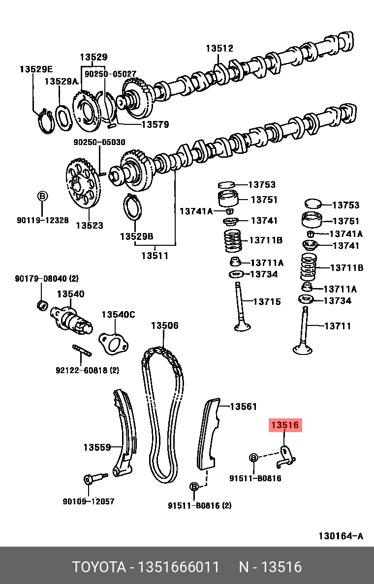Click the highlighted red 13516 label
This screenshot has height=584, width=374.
click(x=284, y=425)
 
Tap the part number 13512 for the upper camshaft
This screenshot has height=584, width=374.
click(x=219, y=48)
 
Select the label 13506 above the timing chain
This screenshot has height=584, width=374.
click(x=164, y=325)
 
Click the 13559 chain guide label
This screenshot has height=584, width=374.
click(x=96, y=447)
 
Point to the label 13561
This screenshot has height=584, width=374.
click(x=244, y=407)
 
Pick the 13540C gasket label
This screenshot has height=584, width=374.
click(x=118, y=315)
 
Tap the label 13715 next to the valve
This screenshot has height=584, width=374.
click(x=267, y=301)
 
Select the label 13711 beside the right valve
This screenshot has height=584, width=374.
click(x=338, y=325)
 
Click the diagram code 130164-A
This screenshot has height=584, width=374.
click(x=341, y=535)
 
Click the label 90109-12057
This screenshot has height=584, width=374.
click(x=89, y=501)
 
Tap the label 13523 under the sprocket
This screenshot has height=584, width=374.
click(x=89, y=226)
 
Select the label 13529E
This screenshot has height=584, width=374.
click(x=36, y=69)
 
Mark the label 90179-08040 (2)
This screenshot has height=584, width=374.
click(x=47, y=279)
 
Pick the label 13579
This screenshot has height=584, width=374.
click(x=155, y=124)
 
